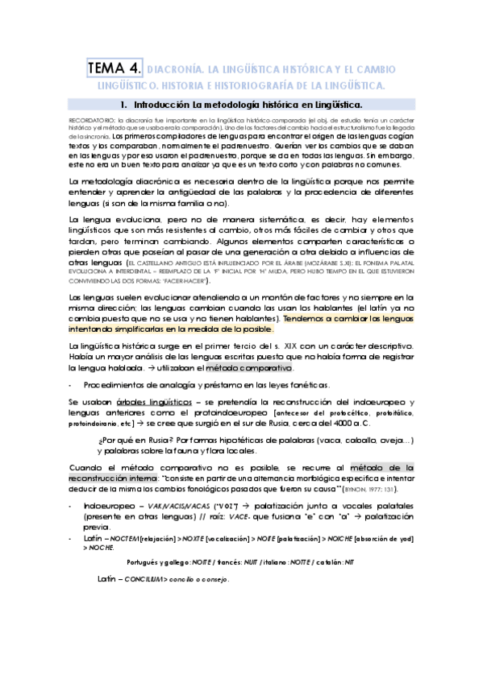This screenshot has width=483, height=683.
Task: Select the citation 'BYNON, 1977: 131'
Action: point(369,489)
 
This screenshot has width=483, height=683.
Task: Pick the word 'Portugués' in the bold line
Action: point(146,562)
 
